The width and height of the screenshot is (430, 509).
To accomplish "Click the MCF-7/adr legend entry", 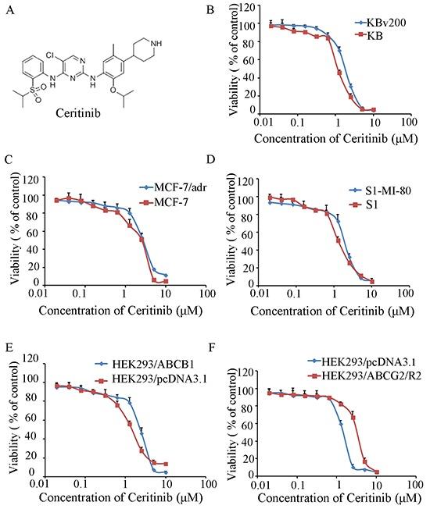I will pos(168,187).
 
